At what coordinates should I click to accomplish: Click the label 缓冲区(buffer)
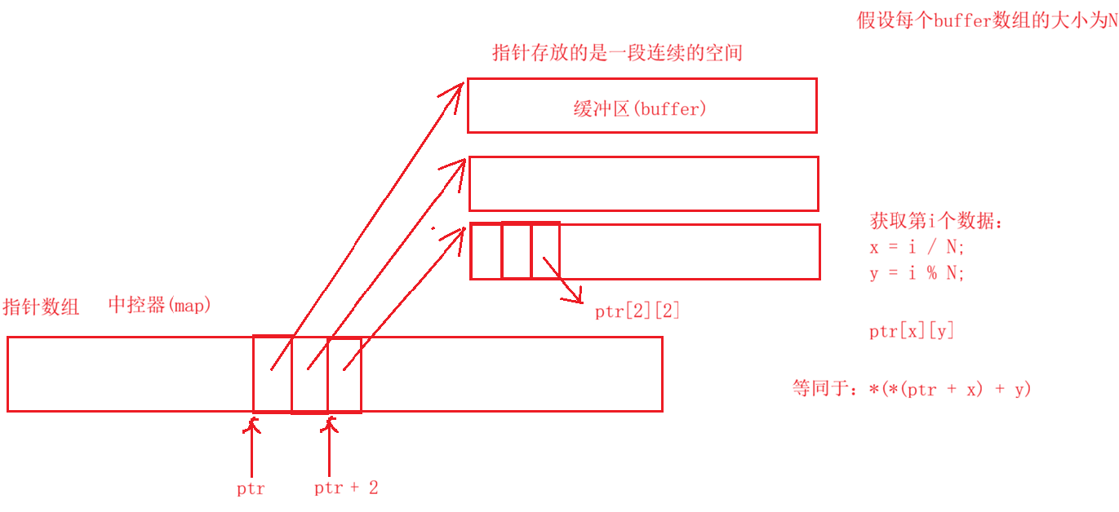pyautogui.click(x=639, y=108)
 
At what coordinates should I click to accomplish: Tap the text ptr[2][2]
pyautogui.click(x=637, y=311)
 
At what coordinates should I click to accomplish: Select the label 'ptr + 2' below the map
pyautogui.click(x=346, y=488)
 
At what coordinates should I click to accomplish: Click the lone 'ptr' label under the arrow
pyautogui.click(x=251, y=489)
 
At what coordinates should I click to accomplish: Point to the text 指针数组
pyautogui.click(x=42, y=307)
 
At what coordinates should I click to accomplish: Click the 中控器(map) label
pyautogui.click(x=160, y=306)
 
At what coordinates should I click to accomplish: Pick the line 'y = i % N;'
pyautogui.click(x=917, y=273)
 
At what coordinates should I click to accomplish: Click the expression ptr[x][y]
pyautogui.click(x=912, y=331)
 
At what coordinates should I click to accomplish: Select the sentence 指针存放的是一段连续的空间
pyautogui.click(x=617, y=54)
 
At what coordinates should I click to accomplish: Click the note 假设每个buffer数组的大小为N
pyautogui.click(x=987, y=21)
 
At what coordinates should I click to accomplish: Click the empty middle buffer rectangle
pyautogui.click(x=643, y=183)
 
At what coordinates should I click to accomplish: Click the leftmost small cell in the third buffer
pyautogui.click(x=486, y=251)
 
